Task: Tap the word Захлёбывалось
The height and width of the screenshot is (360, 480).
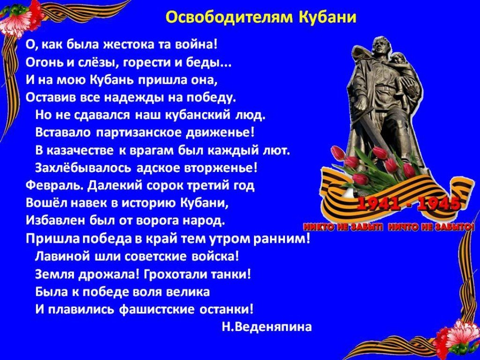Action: click(83, 168)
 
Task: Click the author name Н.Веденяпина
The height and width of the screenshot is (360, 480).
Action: click(267, 327)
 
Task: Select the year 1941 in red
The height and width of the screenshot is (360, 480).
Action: click(375, 204)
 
